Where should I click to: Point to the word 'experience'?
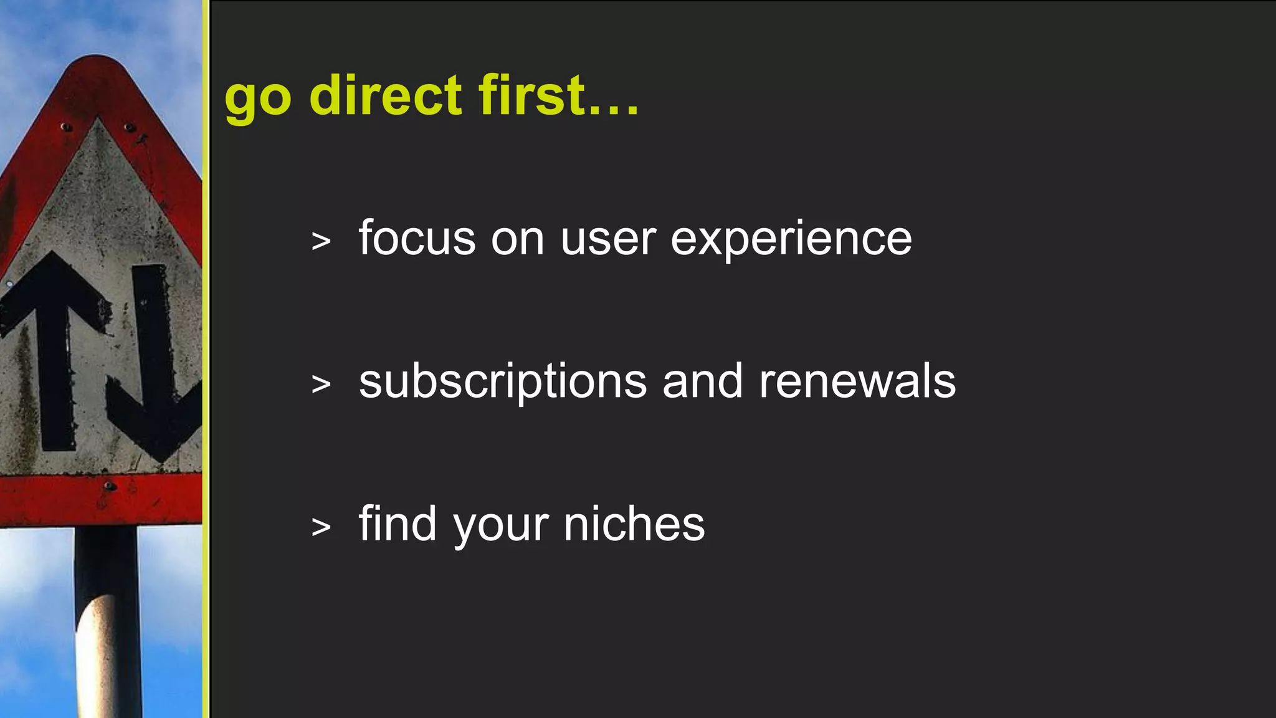click(791, 240)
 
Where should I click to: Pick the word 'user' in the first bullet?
click(608, 240)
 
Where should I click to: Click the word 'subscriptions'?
click(503, 382)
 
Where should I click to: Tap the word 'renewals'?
click(857, 381)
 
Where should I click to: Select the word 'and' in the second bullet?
click(702, 381)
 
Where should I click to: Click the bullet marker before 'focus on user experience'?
click(321, 241)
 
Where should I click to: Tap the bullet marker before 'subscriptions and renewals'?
click(321, 384)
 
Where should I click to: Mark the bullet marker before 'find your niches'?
click(321, 527)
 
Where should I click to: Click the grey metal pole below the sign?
click(107, 623)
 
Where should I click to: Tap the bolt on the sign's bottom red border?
click(109, 486)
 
